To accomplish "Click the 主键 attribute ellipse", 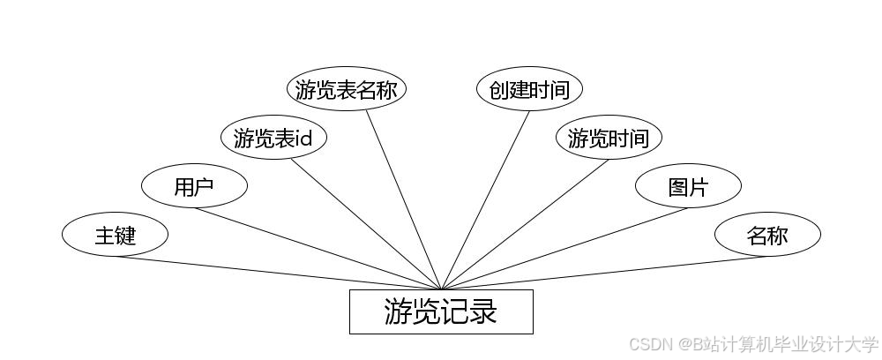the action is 115,236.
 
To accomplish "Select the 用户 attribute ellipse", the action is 194,186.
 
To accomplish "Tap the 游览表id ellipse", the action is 273,138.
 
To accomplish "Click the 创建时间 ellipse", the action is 529,89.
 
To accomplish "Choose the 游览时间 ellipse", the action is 609,138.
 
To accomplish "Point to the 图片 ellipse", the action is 688,186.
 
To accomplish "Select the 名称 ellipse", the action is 767,236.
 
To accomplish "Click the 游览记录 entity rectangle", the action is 441,311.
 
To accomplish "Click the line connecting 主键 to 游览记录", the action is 278,272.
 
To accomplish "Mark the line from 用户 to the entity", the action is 318,248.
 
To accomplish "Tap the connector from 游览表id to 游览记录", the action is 366,224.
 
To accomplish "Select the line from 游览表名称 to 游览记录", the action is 403,199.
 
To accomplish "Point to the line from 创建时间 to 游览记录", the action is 485,199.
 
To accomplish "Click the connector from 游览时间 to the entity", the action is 525,224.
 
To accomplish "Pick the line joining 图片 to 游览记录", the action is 564,248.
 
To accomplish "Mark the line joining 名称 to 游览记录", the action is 604,272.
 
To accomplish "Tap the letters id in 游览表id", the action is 304,139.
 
